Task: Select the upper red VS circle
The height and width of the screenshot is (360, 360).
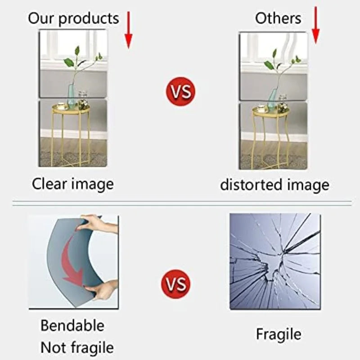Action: tap(180, 91)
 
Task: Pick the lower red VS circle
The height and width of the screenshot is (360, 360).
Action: tap(175, 284)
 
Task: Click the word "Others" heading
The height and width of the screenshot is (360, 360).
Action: tap(278, 18)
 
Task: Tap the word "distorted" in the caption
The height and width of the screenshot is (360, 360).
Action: tap(252, 184)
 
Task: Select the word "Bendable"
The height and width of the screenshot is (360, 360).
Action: tap(72, 325)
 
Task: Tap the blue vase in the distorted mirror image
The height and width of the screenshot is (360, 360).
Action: tap(272, 99)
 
